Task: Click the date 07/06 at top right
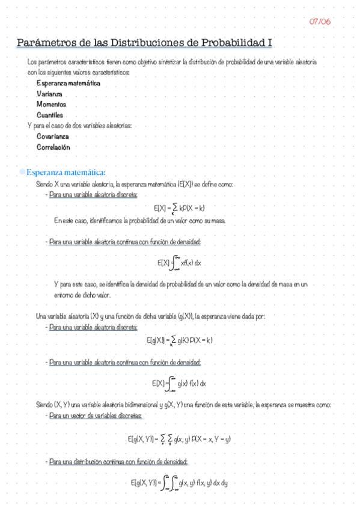pos(320,22)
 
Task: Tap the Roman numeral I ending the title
pos(270,43)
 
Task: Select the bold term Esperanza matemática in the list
pos(68,83)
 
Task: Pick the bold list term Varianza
pos(51,94)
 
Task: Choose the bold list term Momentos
pos(51,104)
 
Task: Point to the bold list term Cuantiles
pos(50,115)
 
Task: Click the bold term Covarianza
pos(53,136)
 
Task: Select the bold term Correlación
pos(53,147)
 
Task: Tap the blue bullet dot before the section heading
pos(22,173)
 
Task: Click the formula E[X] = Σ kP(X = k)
pos(180,208)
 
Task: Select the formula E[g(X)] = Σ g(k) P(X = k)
pos(180,340)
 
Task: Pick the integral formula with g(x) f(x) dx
pos(180,383)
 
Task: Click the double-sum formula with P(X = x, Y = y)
pos(180,440)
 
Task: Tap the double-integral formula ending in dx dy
pos(180,483)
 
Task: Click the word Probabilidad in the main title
pos(230,43)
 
